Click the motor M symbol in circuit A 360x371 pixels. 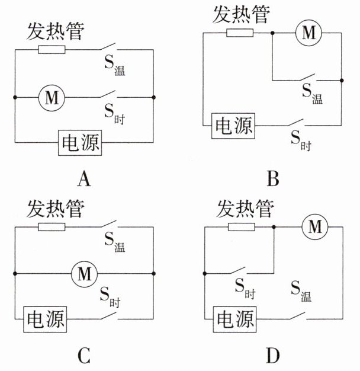[x=52, y=98]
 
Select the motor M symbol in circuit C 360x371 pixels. [x=83, y=273]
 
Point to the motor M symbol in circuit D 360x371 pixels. [x=314, y=226]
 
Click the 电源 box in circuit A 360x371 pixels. [x=79, y=143]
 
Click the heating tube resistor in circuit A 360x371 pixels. [x=52, y=49]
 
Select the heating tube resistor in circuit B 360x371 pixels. [x=240, y=33]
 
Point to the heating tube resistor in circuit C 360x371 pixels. [x=52, y=226]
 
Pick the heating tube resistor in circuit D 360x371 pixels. [x=241, y=226]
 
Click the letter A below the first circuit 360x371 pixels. [x=83, y=178]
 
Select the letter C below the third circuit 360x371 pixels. [x=83, y=355]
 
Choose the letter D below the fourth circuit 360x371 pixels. [x=273, y=355]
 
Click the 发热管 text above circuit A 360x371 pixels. [x=55, y=32]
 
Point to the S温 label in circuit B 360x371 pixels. [x=311, y=93]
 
